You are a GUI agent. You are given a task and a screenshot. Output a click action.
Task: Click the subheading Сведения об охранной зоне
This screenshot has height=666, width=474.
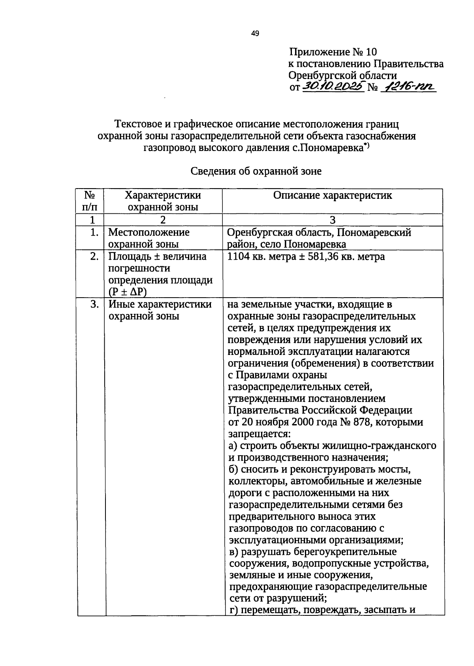click(256, 171)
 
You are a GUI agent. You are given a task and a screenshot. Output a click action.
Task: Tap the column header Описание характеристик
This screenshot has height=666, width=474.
click(333, 195)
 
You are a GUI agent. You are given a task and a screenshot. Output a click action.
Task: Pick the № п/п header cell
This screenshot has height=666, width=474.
click(90, 201)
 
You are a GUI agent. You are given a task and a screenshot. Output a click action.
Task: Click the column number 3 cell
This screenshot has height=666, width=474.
click(333, 220)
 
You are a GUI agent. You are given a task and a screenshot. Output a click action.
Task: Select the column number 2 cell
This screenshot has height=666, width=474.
click(163, 220)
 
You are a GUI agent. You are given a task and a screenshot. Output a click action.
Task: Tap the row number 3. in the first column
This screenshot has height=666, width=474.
click(94, 304)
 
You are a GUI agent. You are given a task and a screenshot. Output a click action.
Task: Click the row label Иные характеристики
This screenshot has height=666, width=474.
click(160, 304)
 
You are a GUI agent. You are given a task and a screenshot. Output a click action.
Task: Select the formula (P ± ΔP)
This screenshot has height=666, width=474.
click(125, 292)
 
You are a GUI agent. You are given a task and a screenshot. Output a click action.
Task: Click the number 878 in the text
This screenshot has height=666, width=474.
click(361, 422)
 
